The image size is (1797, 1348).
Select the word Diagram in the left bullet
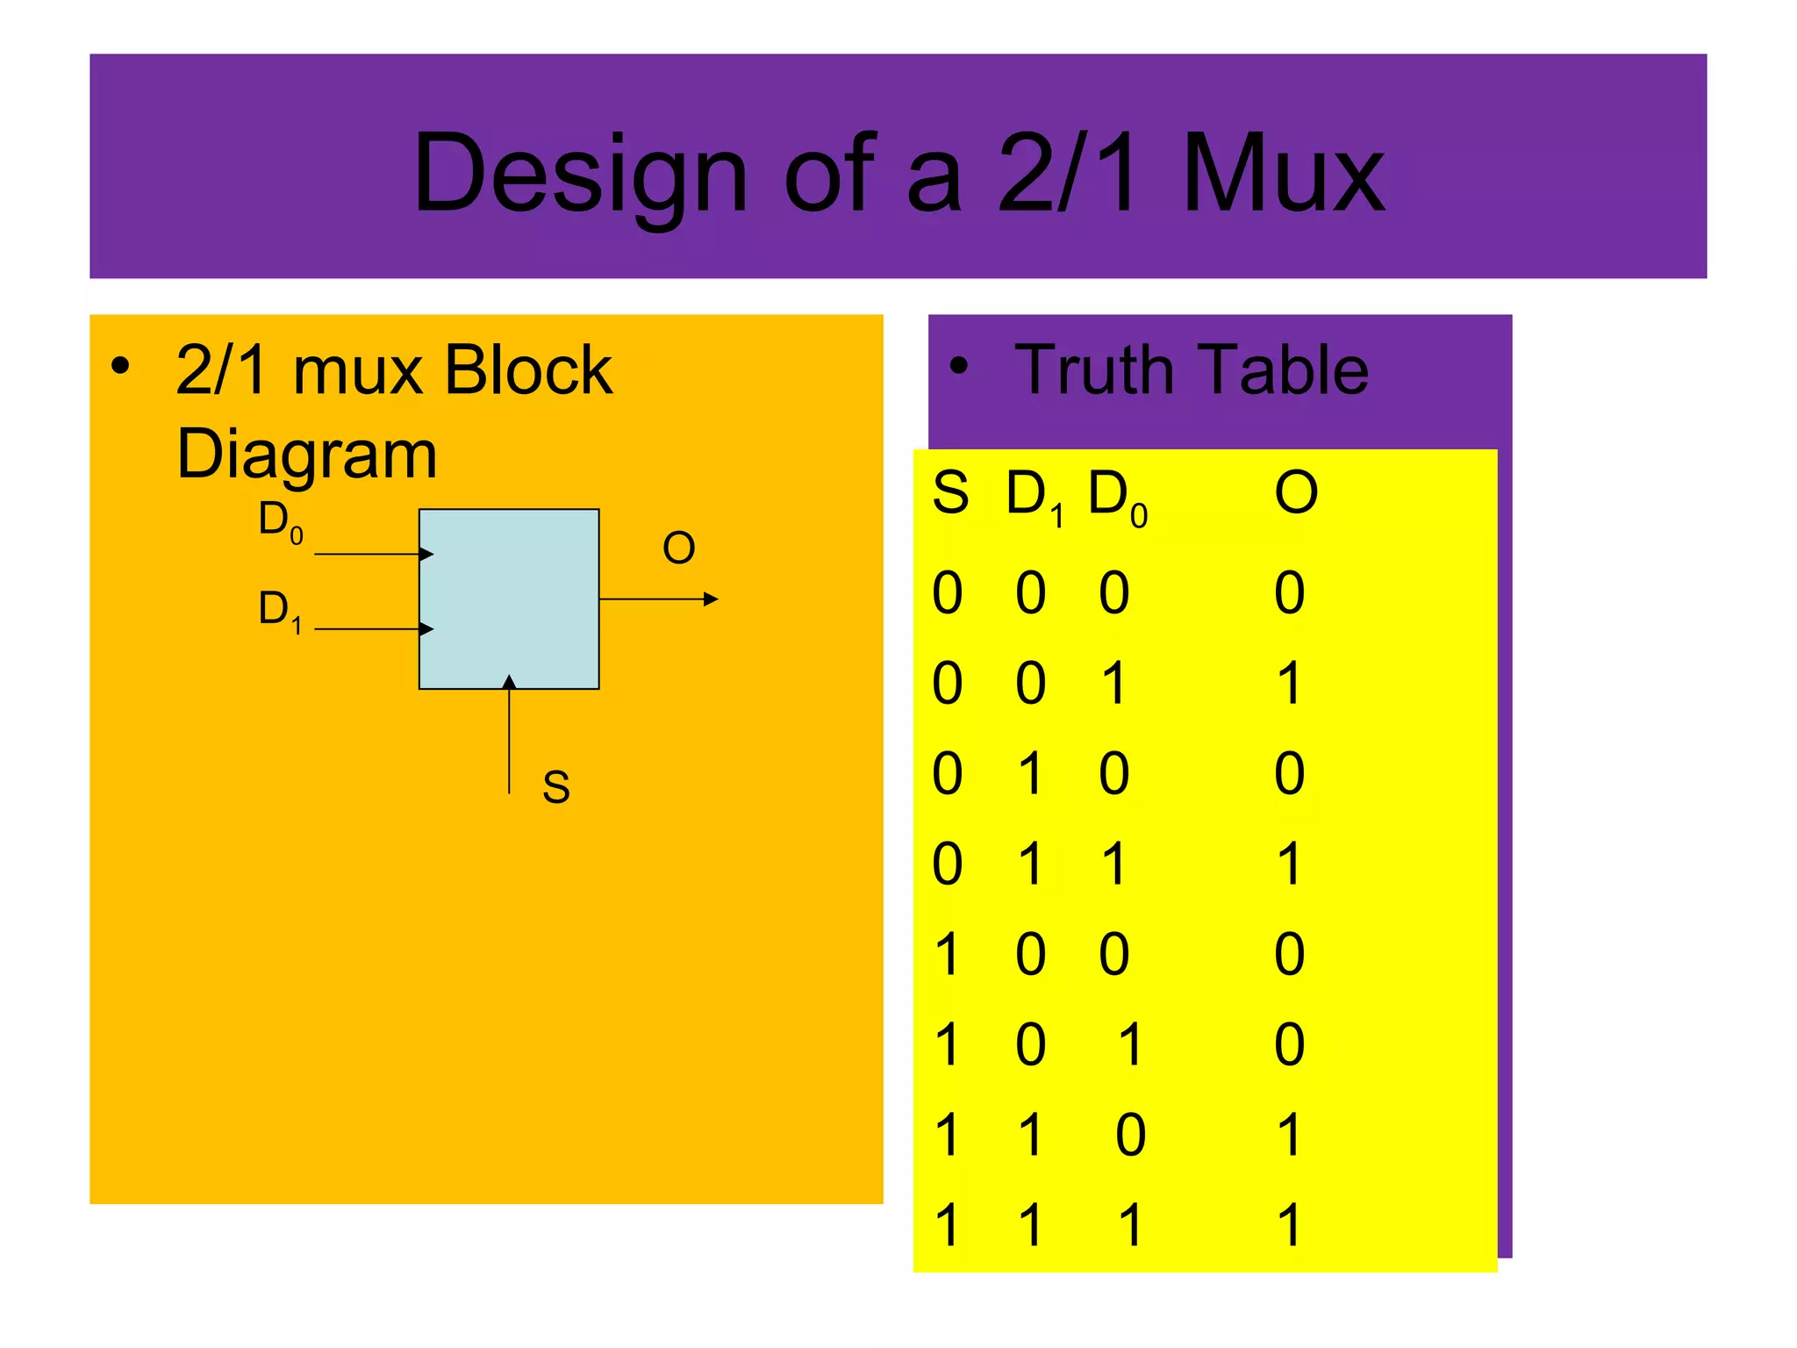click(x=306, y=455)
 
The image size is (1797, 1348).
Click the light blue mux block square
click(x=509, y=599)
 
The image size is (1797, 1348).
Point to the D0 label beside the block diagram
click(x=280, y=520)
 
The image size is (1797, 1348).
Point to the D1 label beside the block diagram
click(x=280, y=610)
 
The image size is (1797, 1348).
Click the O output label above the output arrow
click(x=678, y=549)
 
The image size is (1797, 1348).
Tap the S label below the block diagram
click(x=555, y=787)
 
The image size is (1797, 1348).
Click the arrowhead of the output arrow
click(x=712, y=599)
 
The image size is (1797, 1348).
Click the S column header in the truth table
click(x=950, y=492)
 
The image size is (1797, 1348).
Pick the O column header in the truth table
click(x=1296, y=492)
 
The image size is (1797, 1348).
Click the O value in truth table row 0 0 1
click(x=1288, y=684)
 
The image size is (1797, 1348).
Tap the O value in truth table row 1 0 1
click(x=1289, y=1044)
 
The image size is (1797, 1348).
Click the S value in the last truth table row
click(x=947, y=1225)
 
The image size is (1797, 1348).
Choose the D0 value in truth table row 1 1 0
click(x=1130, y=1135)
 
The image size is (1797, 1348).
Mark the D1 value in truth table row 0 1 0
click(x=1030, y=774)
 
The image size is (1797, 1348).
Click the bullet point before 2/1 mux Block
click(x=120, y=365)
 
